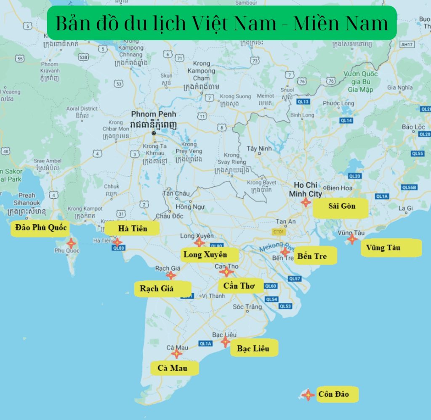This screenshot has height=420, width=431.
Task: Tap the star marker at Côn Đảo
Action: [x=308, y=395]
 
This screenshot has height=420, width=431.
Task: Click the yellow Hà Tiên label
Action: [x=132, y=229]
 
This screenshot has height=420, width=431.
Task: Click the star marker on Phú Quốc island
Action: [x=71, y=243]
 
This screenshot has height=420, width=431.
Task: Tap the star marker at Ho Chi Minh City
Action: [x=306, y=202]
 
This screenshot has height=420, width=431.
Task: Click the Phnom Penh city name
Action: [x=153, y=114]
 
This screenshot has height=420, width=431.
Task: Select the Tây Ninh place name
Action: [x=259, y=148]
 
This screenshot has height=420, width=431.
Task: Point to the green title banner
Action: [x=222, y=23]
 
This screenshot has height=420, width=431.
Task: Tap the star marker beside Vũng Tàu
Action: [x=352, y=240]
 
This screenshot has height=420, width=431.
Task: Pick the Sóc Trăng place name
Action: [x=247, y=307]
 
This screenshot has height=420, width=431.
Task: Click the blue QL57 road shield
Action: [x=295, y=279]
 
